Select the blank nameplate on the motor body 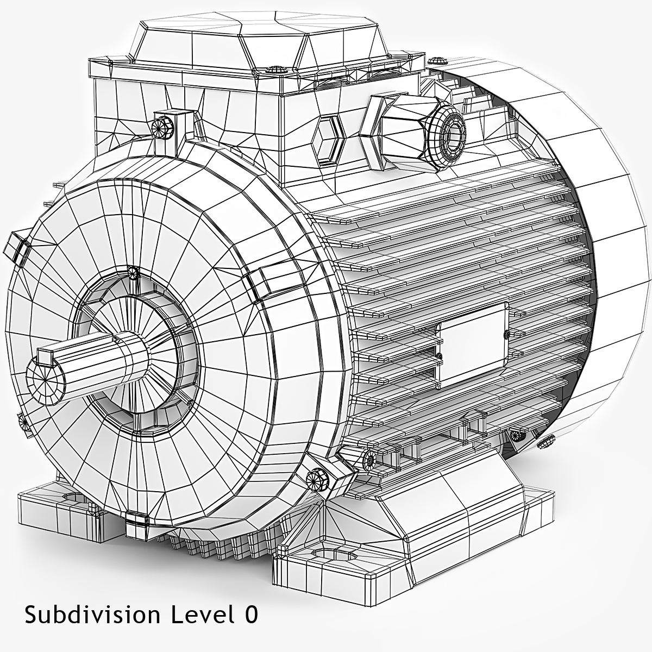(472, 345)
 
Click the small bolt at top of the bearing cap (132, 272)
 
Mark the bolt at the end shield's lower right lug (316, 478)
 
